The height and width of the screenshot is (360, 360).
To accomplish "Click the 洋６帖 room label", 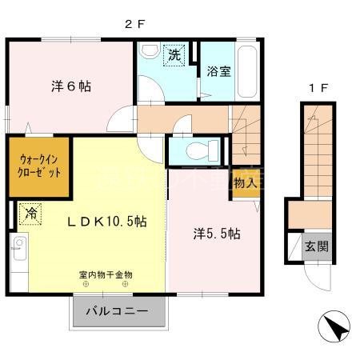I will click(72, 86).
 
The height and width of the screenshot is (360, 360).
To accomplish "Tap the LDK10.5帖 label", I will click(95, 221).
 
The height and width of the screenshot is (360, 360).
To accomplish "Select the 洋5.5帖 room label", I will click(216, 234).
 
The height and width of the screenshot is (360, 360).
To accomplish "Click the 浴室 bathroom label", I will click(218, 71).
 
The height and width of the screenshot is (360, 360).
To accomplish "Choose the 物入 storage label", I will click(245, 183).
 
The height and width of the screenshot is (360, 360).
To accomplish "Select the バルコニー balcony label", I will click(121, 312).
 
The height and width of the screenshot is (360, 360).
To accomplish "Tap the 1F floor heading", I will click(317, 87).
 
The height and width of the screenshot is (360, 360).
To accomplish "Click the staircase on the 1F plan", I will click(314, 152).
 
